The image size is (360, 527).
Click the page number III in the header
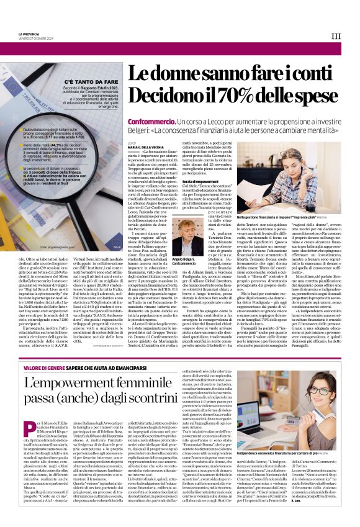(x=336, y=36)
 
